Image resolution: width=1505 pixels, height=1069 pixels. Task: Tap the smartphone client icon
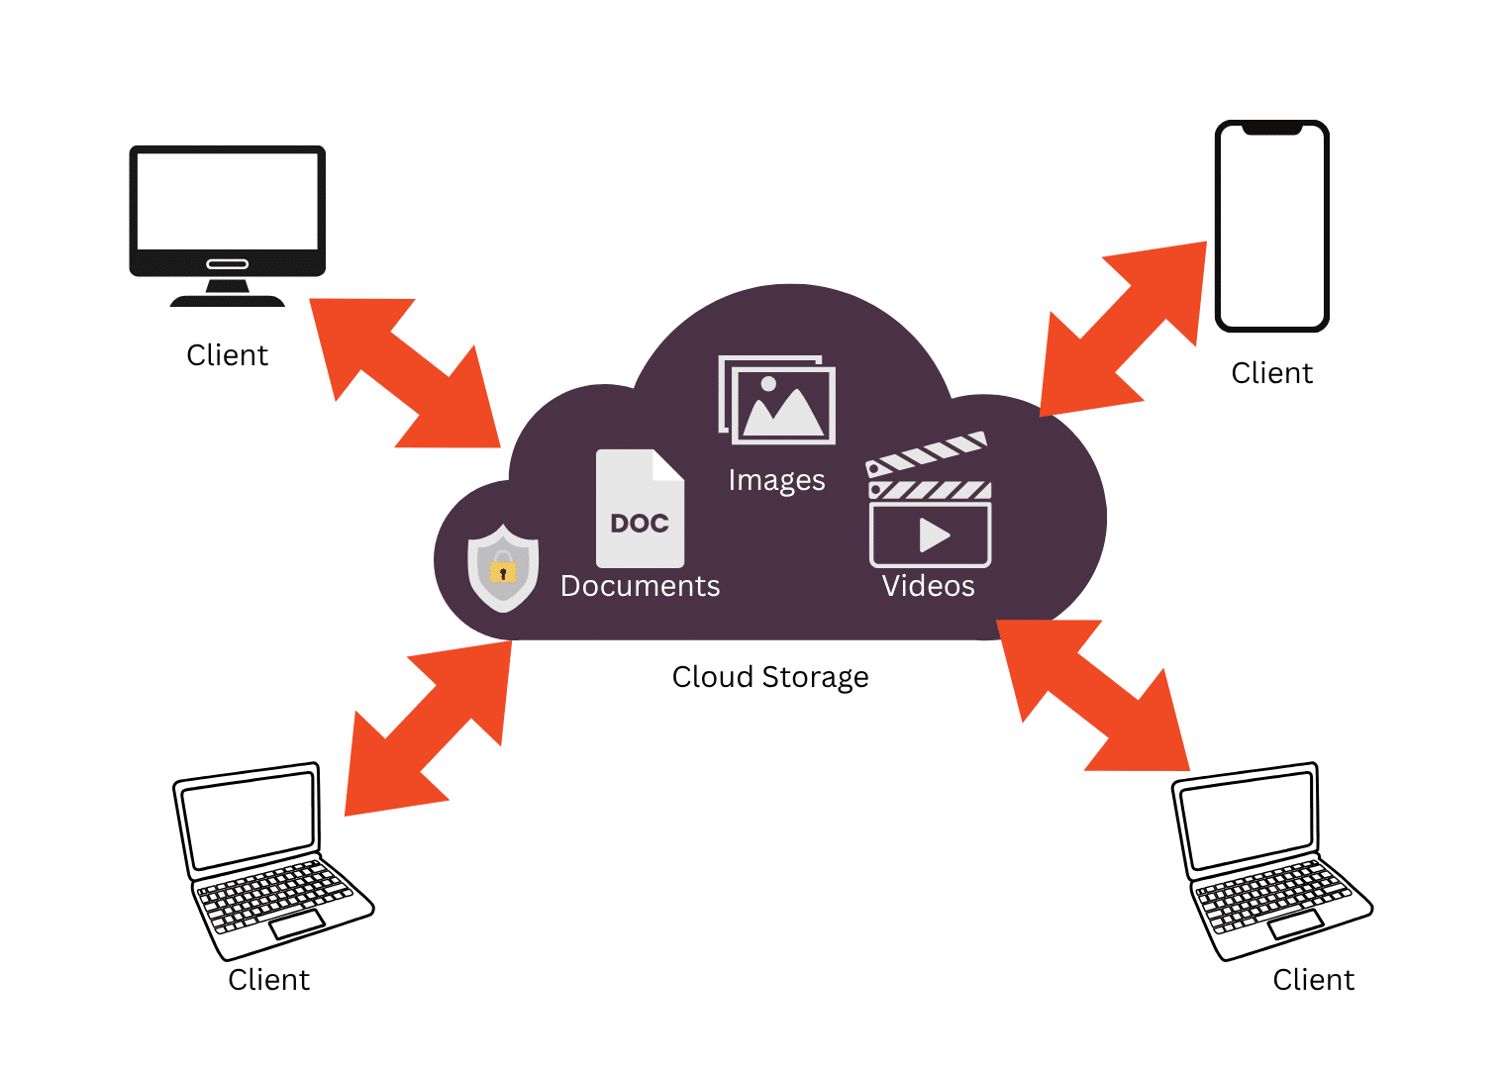click(x=1271, y=226)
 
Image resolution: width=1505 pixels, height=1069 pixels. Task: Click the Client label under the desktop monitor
click(x=227, y=355)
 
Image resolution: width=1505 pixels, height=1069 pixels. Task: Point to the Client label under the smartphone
click(x=1271, y=373)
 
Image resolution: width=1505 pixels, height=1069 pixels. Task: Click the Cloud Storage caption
click(x=769, y=677)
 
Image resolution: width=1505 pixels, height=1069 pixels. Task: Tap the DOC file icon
click(x=640, y=508)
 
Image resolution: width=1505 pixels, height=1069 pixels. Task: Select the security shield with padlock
click(x=503, y=567)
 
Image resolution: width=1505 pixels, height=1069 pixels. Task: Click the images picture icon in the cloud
click(x=778, y=400)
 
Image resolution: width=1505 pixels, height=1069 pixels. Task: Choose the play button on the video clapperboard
click(x=933, y=534)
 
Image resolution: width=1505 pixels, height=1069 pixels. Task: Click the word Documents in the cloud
click(x=640, y=586)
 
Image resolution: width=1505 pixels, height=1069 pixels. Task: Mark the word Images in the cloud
click(x=776, y=480)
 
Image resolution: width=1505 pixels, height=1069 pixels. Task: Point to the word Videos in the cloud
click(x=928, y=586)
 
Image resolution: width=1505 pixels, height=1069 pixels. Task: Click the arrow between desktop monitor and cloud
click(x=405, y=373)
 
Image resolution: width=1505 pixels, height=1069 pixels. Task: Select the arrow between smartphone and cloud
click(x=1124, y=329)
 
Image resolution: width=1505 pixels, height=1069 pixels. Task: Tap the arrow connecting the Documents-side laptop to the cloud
click(x=428, y=729)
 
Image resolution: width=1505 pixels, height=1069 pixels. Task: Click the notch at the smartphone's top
click(x=1271, y=129)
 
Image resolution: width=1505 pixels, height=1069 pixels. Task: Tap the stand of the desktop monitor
click(x=227, y=293)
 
